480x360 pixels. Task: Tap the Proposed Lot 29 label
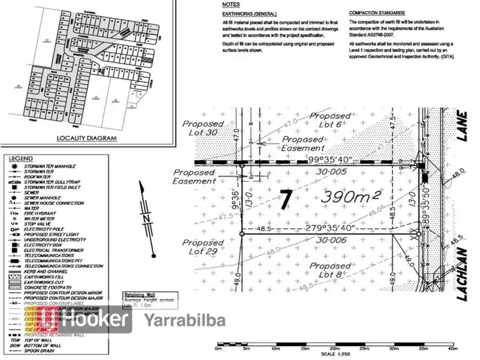click(x=203, y=248)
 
